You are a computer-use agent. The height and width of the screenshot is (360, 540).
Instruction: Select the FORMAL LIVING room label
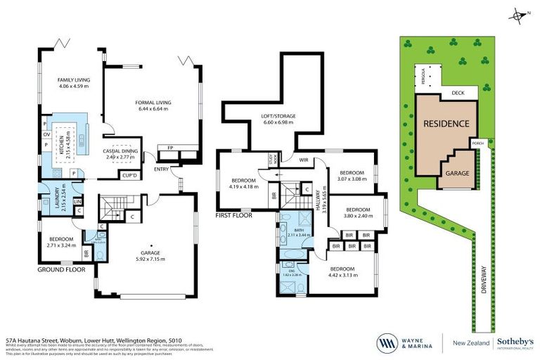153,103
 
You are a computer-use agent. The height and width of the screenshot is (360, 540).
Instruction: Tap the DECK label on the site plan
458,91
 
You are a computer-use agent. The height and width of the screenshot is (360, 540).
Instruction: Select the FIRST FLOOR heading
236,214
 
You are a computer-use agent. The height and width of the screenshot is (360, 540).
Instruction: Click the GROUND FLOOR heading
61,269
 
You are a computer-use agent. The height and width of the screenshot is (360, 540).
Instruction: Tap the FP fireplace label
169,148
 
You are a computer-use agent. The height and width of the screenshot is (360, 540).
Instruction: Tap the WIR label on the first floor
303,160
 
